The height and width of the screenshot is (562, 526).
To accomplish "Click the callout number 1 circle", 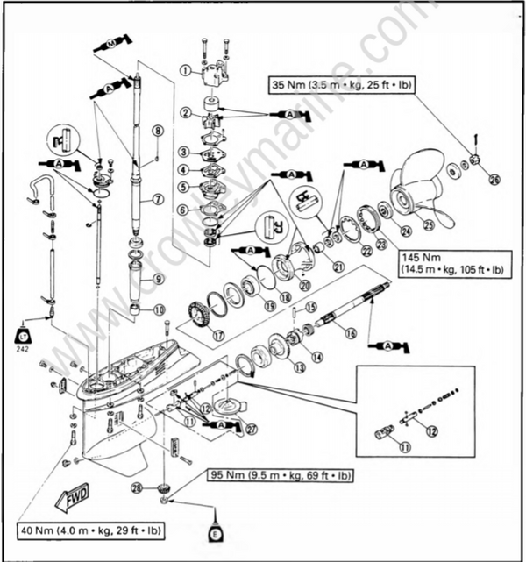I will (x=185, y=70).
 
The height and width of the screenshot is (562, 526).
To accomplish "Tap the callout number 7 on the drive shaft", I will (x=158, y=199).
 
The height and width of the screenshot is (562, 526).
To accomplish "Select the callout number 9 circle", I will (x=158, y=280).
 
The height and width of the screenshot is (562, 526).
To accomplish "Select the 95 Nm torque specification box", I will (x=281, y=476).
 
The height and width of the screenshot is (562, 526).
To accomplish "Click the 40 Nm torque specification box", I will (x=90, y=530).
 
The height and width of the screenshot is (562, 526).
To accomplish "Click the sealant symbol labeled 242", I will (x=22, y=334).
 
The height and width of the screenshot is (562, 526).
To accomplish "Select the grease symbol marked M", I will (x=113, y=41).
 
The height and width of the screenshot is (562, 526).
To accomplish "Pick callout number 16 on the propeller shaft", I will (x=349, y=334).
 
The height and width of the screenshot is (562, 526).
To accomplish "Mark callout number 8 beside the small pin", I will (x=157, y=131).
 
